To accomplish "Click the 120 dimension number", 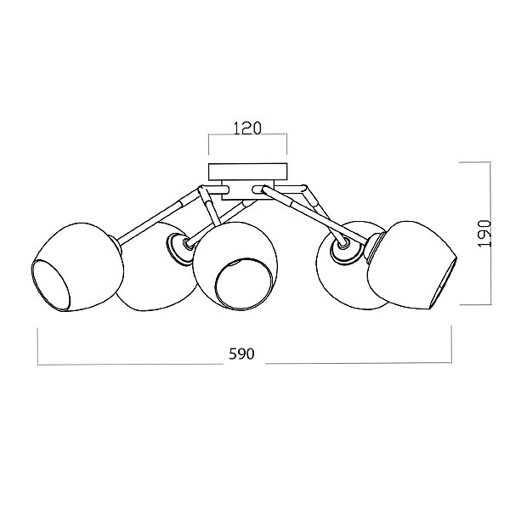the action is [x=247, y=128].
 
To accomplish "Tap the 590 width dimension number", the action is [x=241, y=354].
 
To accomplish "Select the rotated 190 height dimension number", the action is [x=484, y=234].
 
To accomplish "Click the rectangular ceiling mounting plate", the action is [x=248, y=172].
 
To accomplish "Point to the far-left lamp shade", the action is [x=77, y=267].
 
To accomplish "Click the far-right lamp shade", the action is [x=412, y=264].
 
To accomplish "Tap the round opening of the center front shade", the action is [x=243, y=284].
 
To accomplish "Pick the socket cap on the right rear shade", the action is [x=346, y=249].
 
